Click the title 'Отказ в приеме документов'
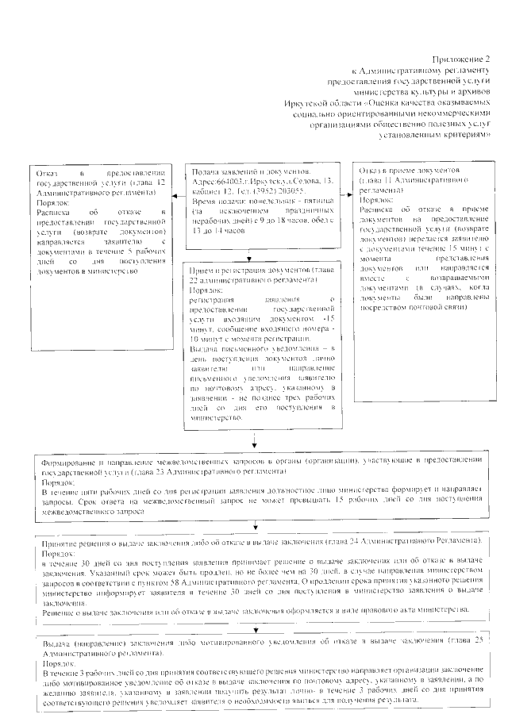(410, 171)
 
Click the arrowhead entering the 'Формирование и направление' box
(254, 450)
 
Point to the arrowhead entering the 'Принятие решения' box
(255, 527)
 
